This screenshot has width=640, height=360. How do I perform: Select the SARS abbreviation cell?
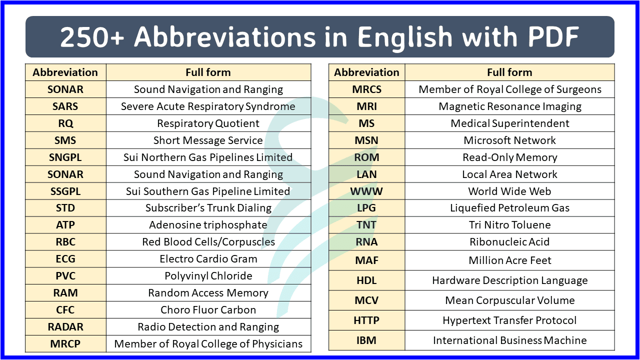[65, 106]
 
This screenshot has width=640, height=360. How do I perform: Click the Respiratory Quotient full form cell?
[208, 123]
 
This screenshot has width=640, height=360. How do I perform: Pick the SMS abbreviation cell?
[65, 140]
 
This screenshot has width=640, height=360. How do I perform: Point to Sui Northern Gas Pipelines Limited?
[208, 157]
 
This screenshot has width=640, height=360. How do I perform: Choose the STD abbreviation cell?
[65, 208]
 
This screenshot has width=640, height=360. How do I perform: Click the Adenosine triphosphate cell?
[208, 225]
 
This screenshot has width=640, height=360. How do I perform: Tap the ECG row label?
[65, 259]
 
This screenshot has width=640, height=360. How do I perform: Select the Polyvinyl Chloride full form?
[208, 276]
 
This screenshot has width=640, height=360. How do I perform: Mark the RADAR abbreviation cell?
[65, 327]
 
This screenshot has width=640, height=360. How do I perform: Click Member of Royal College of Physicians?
[208, 344]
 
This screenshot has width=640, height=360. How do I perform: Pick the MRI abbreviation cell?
[366, 106]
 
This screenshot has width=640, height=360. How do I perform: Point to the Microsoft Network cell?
[509, 140]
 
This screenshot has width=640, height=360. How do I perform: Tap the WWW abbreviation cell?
[366, 191]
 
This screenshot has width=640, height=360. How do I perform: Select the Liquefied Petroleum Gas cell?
[509, 208]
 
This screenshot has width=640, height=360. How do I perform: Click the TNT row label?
[366, 225]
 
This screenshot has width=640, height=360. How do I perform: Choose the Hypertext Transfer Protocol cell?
[509, 320]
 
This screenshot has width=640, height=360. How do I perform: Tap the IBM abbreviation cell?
[366, 340]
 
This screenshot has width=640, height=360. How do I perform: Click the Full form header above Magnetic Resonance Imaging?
[509, 72]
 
